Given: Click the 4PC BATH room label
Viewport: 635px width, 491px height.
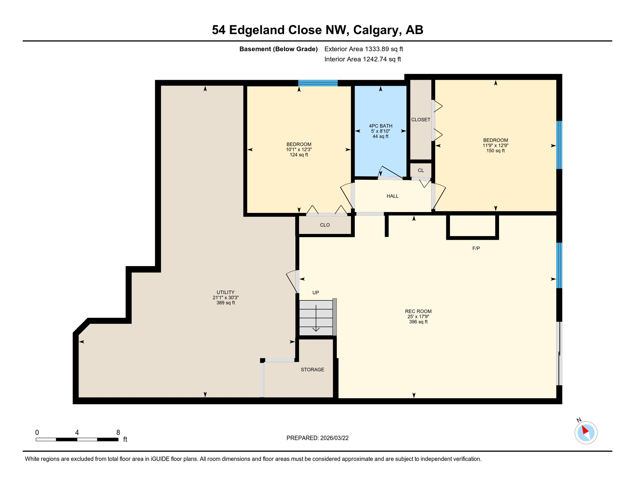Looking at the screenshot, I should pos(380,126).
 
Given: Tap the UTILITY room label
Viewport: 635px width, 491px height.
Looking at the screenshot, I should pos(226,292).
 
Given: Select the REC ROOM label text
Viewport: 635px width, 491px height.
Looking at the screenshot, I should pos(418,311).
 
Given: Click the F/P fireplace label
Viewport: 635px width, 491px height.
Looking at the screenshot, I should pos(476,248).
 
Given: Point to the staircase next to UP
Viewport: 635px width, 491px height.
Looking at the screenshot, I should pos(316,318).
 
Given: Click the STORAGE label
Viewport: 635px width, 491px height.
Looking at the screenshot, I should pos(312,370).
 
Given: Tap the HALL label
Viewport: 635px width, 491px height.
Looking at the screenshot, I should pos(392,196).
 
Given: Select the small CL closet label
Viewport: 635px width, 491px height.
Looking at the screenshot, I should pos(421,170).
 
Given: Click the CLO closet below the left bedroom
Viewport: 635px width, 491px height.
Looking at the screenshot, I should pos(325,225).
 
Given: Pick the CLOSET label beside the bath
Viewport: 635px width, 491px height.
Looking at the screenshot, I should pos(420,120).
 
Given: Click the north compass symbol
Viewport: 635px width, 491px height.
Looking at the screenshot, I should pos(586,433).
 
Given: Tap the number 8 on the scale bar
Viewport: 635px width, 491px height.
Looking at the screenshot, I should pos(118,433).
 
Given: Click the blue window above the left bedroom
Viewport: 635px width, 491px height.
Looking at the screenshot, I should pos(318,83).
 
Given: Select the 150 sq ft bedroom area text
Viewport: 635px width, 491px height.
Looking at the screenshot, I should pos(495,151).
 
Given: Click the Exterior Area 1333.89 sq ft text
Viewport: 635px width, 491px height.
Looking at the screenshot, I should pos(363,49).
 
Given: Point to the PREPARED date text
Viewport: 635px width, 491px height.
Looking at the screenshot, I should pos(317,438).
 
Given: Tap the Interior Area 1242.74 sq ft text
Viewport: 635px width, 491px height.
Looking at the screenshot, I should pos(363,59).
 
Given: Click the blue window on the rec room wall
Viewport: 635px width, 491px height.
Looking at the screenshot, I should pos(559,265).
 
